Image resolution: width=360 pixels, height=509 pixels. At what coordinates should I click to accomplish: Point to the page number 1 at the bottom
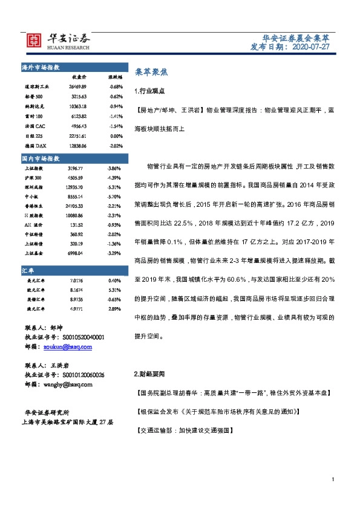coord(333,479)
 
